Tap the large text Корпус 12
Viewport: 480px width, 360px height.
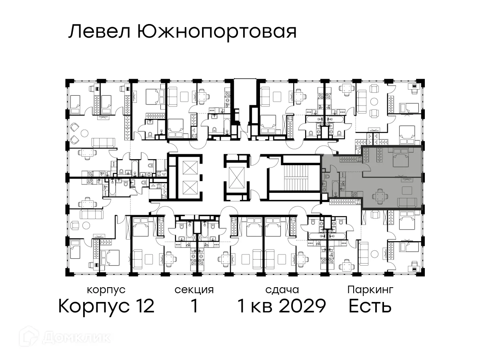[106, 306]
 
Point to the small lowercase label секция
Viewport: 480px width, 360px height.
[194, 289]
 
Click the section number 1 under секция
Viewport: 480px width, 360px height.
[194, 306]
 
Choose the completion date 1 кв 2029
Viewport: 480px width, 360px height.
[282, 306]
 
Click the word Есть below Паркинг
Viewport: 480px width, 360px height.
[370, 306]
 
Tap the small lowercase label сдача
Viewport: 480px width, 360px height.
[282, 289]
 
